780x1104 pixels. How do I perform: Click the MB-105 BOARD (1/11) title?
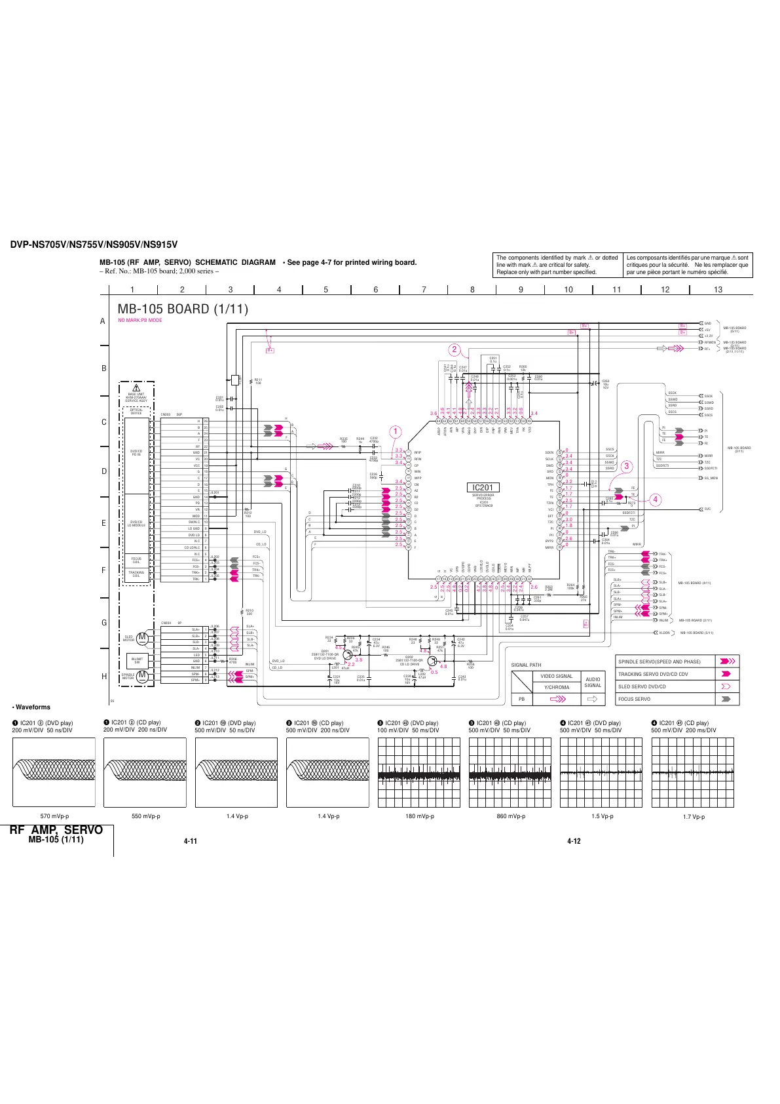(183, 309)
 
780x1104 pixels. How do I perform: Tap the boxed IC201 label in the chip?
(483, 487)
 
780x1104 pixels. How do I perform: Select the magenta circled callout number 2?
(454, 349)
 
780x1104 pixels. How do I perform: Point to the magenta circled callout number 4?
(655, 500)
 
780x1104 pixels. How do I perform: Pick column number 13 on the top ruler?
(718, 289)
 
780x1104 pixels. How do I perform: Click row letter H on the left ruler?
(103, 677)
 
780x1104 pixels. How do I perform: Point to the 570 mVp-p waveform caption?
(54, 816)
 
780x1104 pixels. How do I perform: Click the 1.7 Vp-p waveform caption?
(694, 817)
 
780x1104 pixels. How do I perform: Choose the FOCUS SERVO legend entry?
(635, 699)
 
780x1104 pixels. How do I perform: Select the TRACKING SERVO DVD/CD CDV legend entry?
(653, 674)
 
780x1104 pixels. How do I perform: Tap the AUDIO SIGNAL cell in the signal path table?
(593, 682)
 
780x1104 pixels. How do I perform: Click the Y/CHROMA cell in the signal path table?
(557, 687)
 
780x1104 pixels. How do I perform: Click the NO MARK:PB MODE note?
(140, 320)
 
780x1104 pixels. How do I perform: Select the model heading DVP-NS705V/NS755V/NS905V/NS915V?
(94, 245)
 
